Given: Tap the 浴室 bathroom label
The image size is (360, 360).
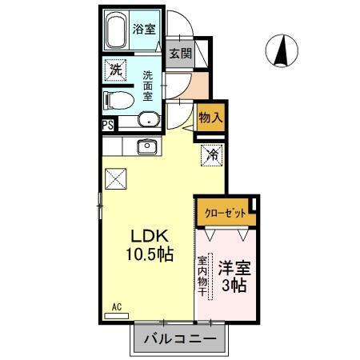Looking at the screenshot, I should click(x=144, y=28).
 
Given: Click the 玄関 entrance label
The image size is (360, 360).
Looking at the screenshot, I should click(x=181, y=54).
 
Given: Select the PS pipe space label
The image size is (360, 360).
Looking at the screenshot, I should click(x=106, y=124).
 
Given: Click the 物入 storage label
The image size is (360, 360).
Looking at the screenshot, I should click(x=210, y=117).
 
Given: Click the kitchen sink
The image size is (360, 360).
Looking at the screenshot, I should click(x=146, y=146).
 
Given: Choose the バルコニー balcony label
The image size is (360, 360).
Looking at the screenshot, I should click(x=179, y=340).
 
